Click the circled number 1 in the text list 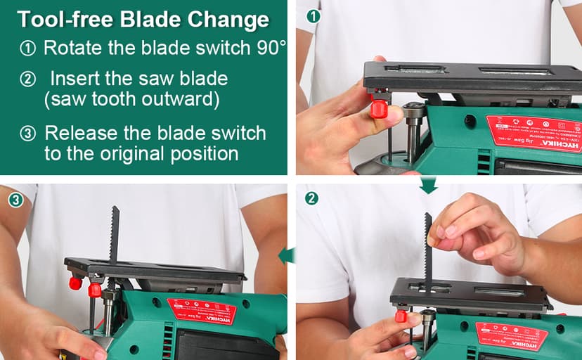click(27, 49)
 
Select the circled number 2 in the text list click(27, 79)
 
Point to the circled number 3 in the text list click(27, 133)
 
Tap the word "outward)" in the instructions click(183, 98)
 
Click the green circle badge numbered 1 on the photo click(314, 15)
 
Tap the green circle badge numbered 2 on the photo click(312, 198)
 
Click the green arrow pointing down click(428, 186)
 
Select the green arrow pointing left click(286, 255)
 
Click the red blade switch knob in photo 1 click(379, 109)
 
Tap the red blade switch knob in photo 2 click(401, 316)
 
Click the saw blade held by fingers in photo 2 click(427, 253)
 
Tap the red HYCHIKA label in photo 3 click(201, 312)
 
